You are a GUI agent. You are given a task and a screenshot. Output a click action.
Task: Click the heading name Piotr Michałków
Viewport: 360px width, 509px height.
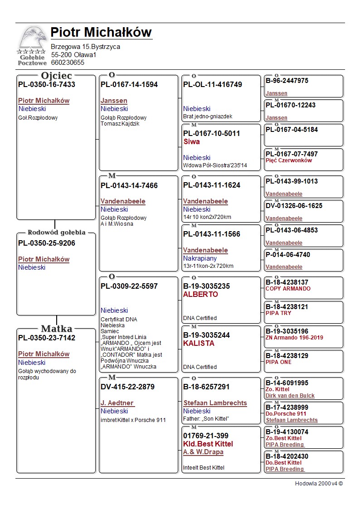pos(101,33)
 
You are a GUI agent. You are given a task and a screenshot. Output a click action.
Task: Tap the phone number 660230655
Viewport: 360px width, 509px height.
pos(68,63)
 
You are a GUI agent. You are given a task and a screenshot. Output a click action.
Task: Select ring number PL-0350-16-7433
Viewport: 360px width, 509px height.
pos(47,85)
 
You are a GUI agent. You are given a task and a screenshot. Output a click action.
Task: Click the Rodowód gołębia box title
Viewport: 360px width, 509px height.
pos(57,233)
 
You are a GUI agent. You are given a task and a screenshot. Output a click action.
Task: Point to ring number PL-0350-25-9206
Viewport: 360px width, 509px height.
pos(47,243)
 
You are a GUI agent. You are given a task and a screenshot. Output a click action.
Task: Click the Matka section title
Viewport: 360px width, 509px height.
pos(57,329)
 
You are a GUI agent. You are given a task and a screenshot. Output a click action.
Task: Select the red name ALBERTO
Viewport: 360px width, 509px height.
pos(200,295)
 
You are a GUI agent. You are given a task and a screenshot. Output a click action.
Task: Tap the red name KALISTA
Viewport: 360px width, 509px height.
pos(199,344)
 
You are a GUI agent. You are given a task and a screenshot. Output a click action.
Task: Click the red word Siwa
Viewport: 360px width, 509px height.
pos(191,142)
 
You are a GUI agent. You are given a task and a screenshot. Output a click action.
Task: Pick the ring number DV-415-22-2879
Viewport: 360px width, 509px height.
pos(127,387)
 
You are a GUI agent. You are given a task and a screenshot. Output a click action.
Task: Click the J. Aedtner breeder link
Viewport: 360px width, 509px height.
pos(117,403)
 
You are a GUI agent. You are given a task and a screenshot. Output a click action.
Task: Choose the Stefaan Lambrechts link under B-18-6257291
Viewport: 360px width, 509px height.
pos(215,403)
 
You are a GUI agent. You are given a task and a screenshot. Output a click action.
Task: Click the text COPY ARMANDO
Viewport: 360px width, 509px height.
pos(288,289)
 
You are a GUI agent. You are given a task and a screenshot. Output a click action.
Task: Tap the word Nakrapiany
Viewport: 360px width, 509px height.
pos(200,258)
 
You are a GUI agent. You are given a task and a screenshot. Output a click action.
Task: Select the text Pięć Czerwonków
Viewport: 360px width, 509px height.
pos(289,160)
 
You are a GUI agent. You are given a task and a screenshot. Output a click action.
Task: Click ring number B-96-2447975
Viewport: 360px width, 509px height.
pos(287,81)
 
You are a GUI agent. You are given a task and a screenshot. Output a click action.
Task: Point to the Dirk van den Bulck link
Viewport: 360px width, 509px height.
pos(290,396)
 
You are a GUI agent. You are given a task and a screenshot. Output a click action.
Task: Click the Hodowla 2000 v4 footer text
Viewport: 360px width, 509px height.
pos(319,484)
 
